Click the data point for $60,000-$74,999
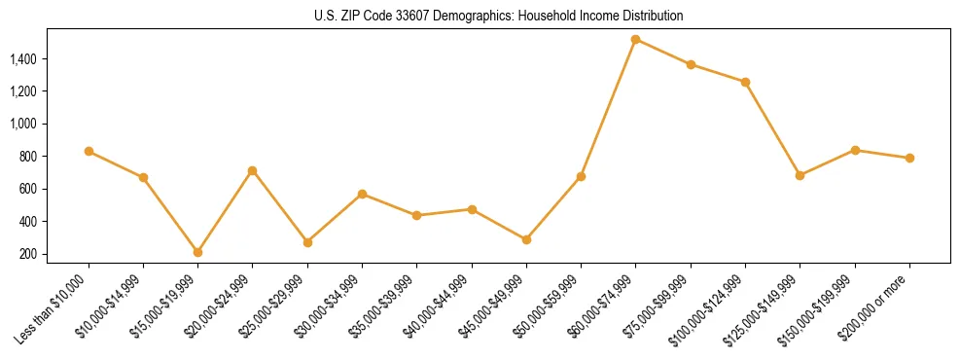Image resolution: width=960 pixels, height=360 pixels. click(635, 40)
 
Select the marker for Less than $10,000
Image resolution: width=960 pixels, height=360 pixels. click(89, 151)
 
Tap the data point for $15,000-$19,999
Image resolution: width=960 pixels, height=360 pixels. click(197, 252)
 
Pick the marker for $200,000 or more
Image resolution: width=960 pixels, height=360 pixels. click(909, 158)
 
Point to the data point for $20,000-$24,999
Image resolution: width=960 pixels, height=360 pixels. click(253, 170)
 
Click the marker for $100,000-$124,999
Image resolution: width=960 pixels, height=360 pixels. click(745, 82)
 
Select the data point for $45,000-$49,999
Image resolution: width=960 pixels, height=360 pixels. click(526, 239)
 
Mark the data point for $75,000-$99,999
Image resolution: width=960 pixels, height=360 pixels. click(691, 64)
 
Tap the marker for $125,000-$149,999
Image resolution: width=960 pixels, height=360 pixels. click(800, 175)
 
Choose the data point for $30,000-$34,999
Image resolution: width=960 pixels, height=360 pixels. click(362, 194)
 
